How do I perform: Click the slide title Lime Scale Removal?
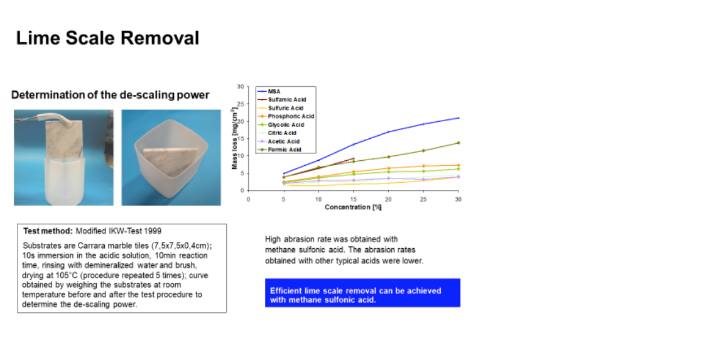[108, 38]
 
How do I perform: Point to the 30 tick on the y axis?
[241, 86]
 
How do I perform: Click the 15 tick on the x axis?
[354, 199]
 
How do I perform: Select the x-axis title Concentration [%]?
[353, 207]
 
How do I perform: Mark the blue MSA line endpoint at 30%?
[458, 118]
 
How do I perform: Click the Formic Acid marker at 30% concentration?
[458, 143]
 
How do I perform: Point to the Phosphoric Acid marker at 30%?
[458, 165]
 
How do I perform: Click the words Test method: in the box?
[48, 231]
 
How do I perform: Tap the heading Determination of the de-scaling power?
[111, 95]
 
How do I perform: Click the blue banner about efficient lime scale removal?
[362, 293]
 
